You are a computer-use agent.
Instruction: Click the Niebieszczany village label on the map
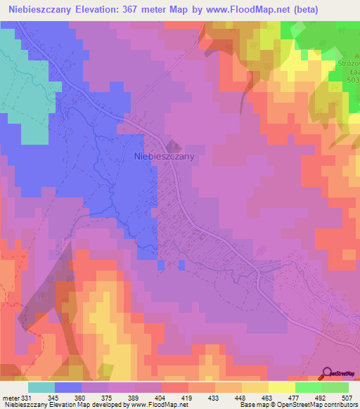click(164, 158)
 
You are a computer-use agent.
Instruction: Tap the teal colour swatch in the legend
click(41, 387)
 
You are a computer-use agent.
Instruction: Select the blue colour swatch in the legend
click(68, 387)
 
